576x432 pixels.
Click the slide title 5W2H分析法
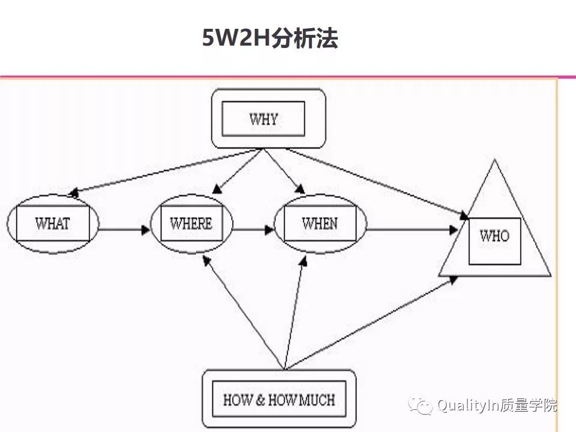(x=270, y=39)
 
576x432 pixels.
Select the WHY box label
(x=263, y=119)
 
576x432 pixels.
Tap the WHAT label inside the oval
(x=53, y=224)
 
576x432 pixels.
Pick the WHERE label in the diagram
(x=191, y=224)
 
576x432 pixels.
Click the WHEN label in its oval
(x=319, y=224)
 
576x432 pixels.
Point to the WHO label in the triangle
(x=494, y=236)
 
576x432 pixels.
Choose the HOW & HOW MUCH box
(x=279, y=399)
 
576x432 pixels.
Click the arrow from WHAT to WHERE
(x=123, y=229)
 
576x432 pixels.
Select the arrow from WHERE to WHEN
(x=252, y=229)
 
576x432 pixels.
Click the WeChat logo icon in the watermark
(x=421, y=406)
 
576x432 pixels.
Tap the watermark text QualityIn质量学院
(x=497, y=406)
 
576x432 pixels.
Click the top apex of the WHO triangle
(x=494, y=161)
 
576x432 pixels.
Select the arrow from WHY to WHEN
(x=283, y=171)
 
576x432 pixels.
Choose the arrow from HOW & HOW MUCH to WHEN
(x=295, y=312)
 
